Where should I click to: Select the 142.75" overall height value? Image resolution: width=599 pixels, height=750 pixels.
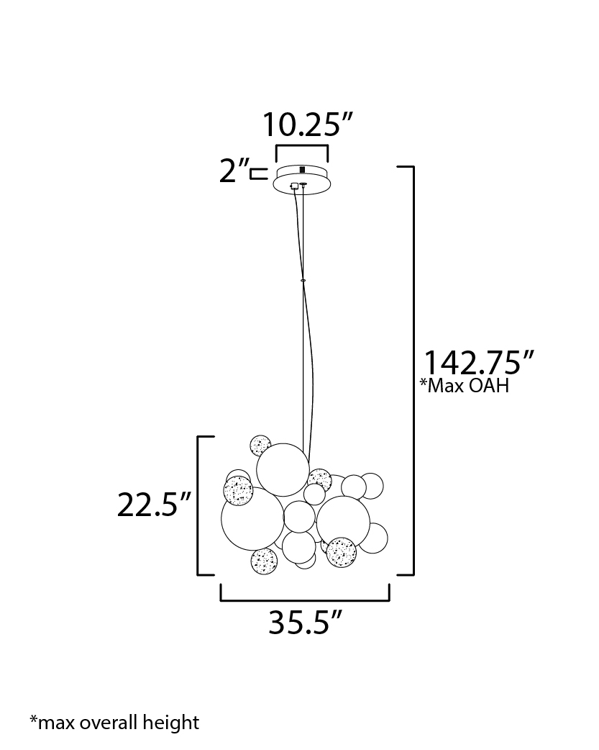[x=478, y=363]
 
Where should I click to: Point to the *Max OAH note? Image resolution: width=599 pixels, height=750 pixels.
[x=465, y=385]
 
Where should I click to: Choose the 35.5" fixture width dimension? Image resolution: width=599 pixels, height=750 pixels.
[x=305, y=623]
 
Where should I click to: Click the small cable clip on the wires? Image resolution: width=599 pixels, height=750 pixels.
[x=303, y=280]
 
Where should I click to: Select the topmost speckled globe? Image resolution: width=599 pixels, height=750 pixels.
[x=260, y=446]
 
